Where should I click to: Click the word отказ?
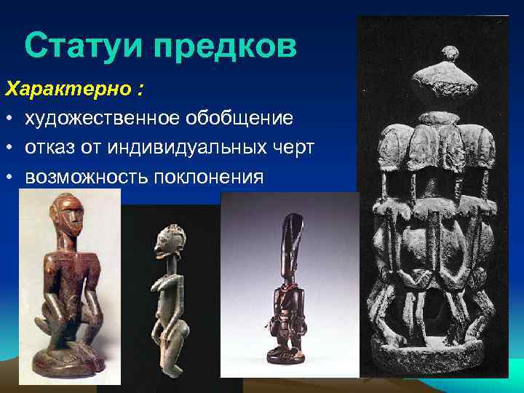(x=49, y=147)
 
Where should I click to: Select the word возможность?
(x=84, y=176)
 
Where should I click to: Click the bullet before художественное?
(x=10, y=119)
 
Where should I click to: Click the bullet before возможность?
(x=10, y=177)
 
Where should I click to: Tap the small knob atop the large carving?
(x=451, y=52)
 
